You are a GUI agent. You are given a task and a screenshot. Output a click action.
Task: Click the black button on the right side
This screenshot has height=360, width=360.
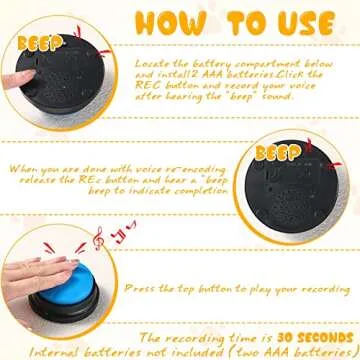click(x=312, y=190)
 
